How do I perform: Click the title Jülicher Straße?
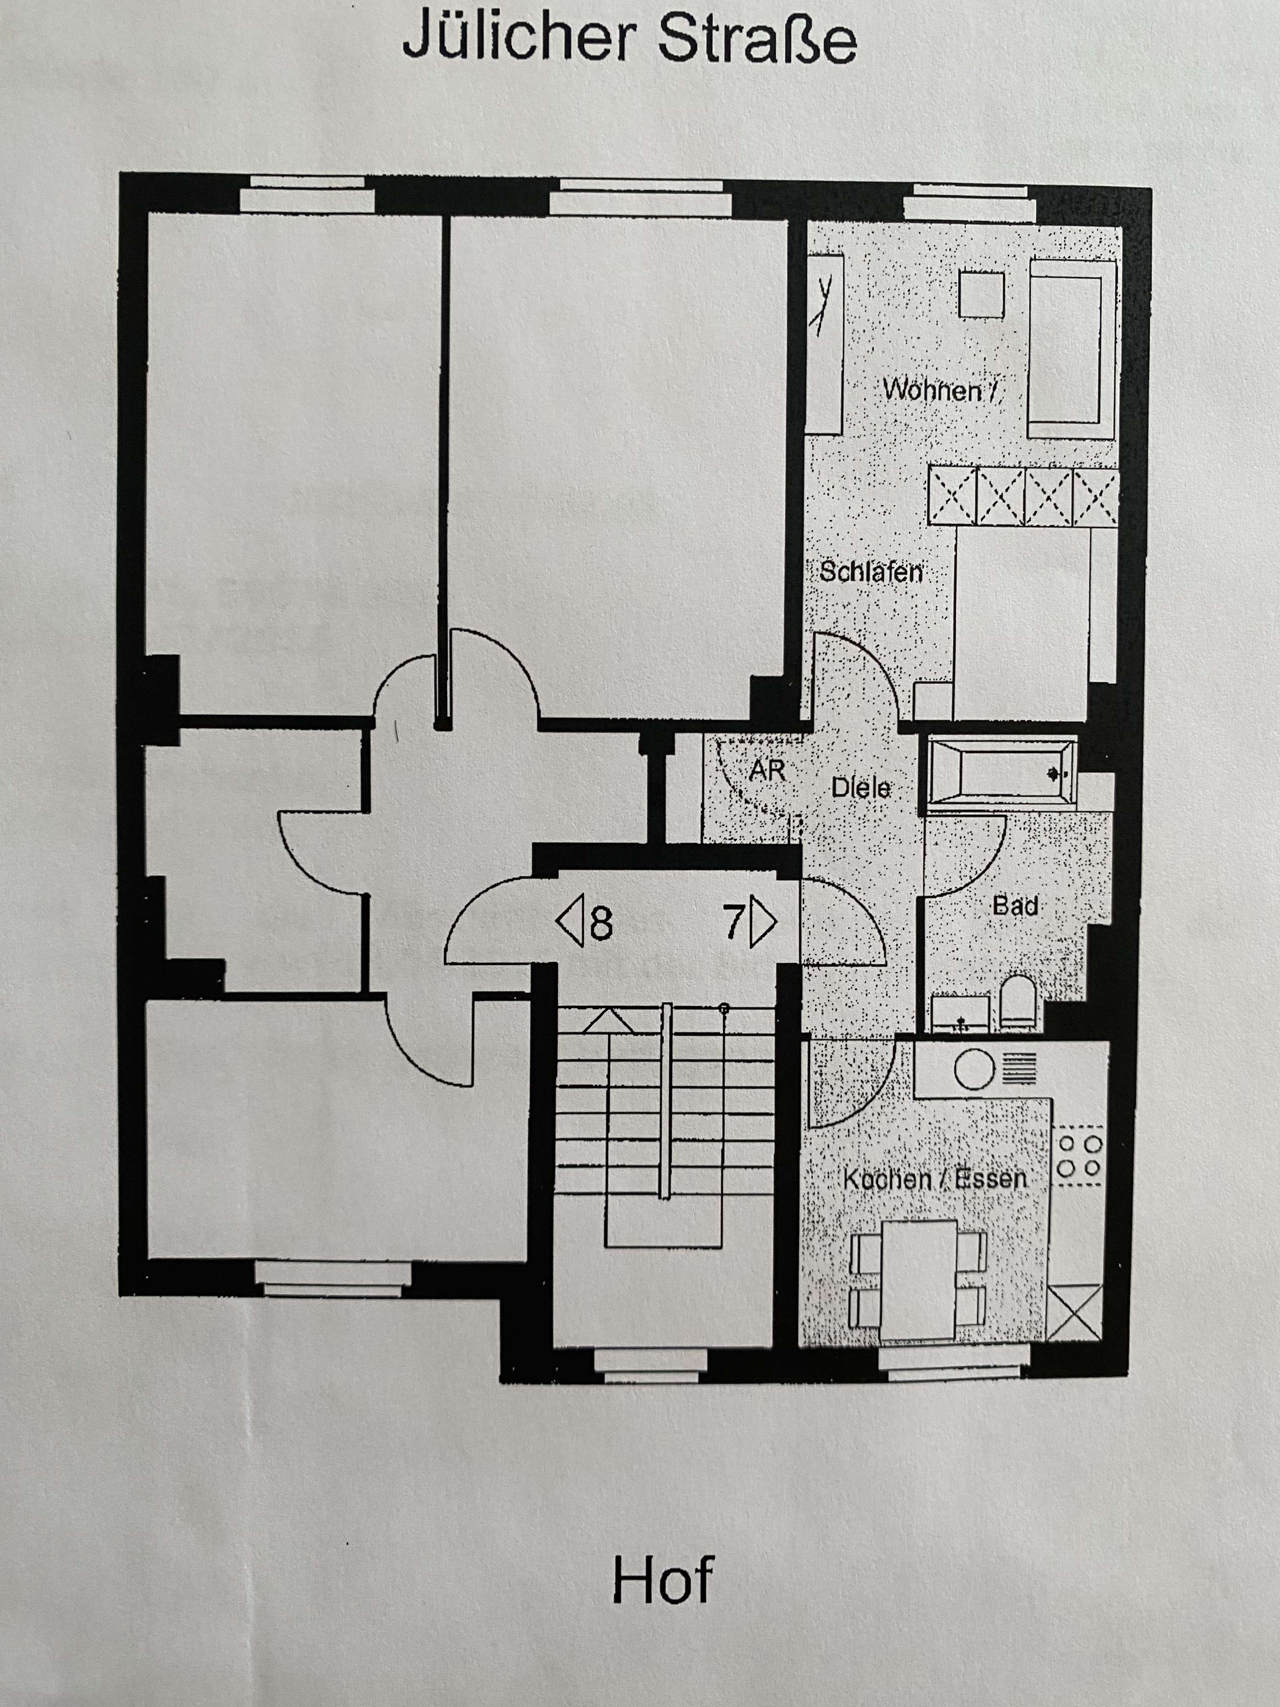pos(629,39)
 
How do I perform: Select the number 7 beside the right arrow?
pos(734,921)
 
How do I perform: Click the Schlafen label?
pos(870,572)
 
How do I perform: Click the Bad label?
pos(1015,905)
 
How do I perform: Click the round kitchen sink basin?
pos(974,1069)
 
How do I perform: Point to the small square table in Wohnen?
pos(981,294)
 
